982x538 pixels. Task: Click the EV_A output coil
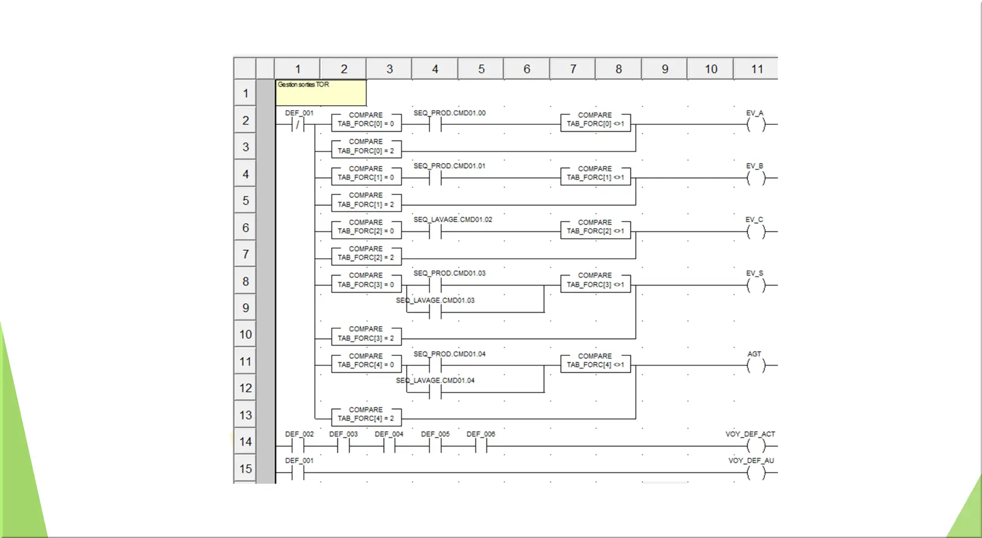click(x=756, y=124)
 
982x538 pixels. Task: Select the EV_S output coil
click(x=756, y=285)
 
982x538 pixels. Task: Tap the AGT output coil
click(x=756, y=365)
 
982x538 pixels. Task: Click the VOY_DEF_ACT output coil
click(x=756, y=446)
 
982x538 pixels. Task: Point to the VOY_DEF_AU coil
click(x=756, y=473)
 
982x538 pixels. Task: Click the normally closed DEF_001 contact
click(x=298, y=124)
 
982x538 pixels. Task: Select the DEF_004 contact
click(x=389, y=446)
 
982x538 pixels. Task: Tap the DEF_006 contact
click(x=481, y=446)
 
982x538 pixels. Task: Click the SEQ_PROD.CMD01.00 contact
click(x=435, y=124)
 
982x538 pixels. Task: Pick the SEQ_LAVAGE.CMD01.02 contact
click(x=435, y=231)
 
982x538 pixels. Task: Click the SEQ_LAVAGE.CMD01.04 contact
click(x=435, y=392)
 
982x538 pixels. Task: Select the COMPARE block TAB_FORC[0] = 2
click(x=366, y=147)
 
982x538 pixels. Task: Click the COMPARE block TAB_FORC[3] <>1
click(x=595, y=281)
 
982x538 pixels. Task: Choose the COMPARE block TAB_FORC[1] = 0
click(x=366, y=174)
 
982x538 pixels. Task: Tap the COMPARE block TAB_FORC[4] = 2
click(x=366, y=415)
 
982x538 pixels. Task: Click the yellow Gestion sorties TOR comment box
click(x=321, y=92)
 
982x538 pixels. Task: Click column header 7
click(x=573, y=69)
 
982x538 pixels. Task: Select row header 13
click(x=245, y=415)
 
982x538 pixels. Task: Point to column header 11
click(x=757, y=69)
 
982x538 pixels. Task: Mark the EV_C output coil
click(x=756, y=231)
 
